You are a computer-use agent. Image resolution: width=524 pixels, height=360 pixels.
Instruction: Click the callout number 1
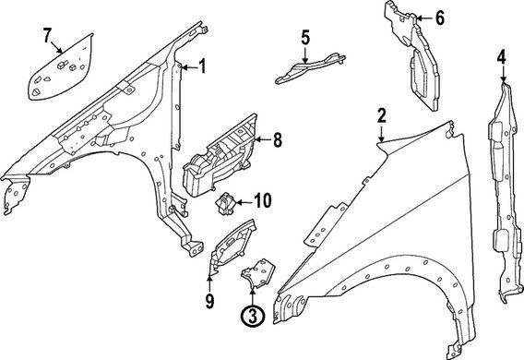202,66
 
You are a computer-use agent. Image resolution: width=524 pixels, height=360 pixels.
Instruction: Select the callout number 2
382,115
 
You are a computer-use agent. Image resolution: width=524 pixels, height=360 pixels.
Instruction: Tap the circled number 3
253,316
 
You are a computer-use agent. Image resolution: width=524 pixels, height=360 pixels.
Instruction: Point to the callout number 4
502,57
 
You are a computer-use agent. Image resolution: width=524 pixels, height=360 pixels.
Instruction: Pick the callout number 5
305,38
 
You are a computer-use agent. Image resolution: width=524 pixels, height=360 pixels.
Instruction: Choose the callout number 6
440,18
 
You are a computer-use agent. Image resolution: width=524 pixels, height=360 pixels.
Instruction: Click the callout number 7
47,35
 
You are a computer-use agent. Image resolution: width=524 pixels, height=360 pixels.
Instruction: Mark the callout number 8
278,139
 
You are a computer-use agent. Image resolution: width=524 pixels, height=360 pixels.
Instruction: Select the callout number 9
209,302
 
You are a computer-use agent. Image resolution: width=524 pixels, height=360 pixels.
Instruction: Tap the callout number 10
263,200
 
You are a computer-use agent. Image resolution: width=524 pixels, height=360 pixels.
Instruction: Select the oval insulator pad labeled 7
61,67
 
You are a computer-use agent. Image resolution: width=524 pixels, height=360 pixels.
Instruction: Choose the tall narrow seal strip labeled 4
505,193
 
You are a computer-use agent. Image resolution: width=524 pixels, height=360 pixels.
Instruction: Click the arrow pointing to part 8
263,139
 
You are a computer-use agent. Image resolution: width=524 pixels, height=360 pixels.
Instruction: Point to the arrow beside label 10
244,202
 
